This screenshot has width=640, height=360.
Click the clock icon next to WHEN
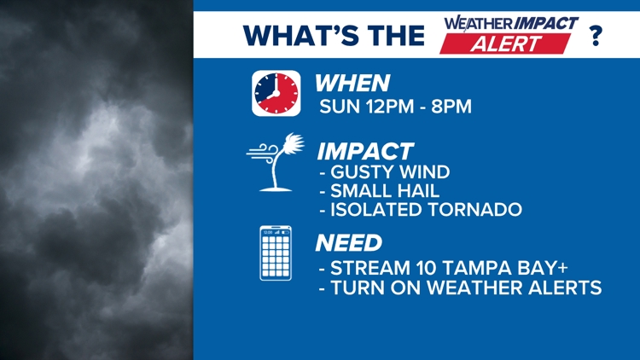276,93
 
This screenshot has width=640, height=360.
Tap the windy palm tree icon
276,162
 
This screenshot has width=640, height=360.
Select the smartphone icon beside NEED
276,253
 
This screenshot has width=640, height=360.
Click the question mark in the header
596,36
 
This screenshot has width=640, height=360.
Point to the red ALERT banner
505,44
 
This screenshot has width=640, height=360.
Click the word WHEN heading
352,84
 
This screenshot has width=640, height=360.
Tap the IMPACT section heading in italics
366,152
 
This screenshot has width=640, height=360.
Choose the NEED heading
349,243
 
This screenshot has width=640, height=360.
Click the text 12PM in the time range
390,107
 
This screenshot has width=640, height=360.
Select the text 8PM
451,107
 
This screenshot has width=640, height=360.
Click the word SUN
340,107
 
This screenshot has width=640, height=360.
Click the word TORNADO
475,209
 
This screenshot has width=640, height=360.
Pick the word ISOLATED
376,209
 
